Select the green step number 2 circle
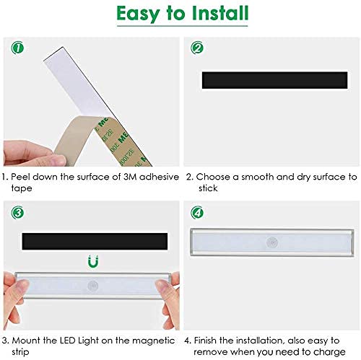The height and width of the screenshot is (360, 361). (x=196, y=49)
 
